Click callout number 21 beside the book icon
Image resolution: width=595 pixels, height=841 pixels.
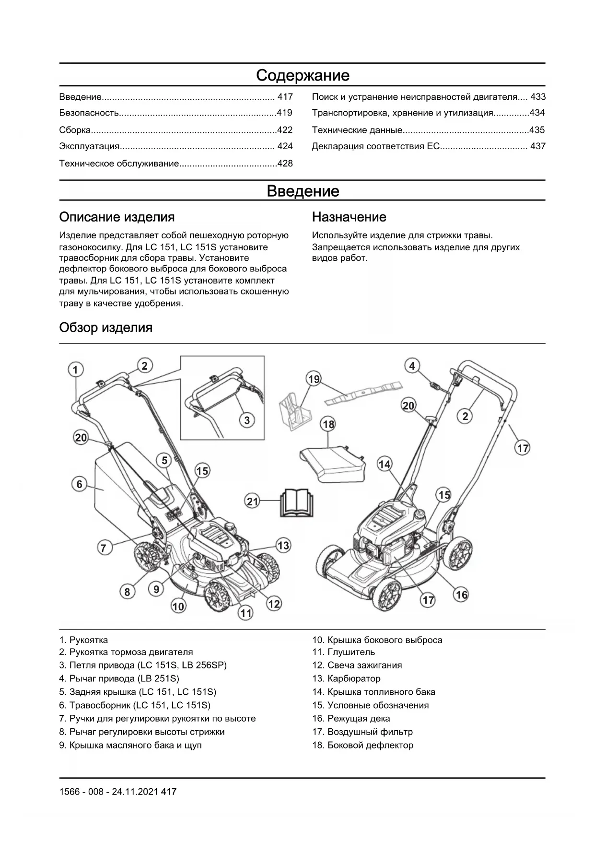pyautogui.click(x=252, y=502)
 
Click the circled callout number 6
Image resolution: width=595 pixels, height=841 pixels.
pyautogui.click(x=80, y=484)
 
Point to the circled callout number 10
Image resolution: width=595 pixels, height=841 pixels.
pyautogui.click(x=178, y=607)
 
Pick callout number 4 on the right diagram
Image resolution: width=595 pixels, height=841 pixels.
pyautogui.click(x=412, y=366)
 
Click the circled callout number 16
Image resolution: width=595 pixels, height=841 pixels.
pyautogui.click(x=461, y=595)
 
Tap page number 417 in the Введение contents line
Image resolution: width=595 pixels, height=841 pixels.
pyautogui.click(x=285, y=97)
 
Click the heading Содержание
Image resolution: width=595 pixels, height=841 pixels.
pyautogui.click(x=303, y=75)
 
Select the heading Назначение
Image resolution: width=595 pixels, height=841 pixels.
pyautogui.click(x=349, y=217)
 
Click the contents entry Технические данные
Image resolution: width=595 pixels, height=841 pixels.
pyautogui.click(x=357, y=130)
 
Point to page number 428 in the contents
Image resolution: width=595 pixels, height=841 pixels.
pyautogui.click(x=285, y=164)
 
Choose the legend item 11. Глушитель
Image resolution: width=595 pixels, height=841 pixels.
pyautogui.click(x=344, y=652)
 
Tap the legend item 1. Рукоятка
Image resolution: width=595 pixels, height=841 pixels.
pyautogui.click(x=83, y=640)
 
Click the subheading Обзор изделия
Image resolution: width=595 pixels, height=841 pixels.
pyautogui.click(x=105, y=327)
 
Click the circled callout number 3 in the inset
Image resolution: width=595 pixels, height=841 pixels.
pyautogui.click(x=247, y=420)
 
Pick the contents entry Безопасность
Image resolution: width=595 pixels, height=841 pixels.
pyautogui.click(x=89, y=113)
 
